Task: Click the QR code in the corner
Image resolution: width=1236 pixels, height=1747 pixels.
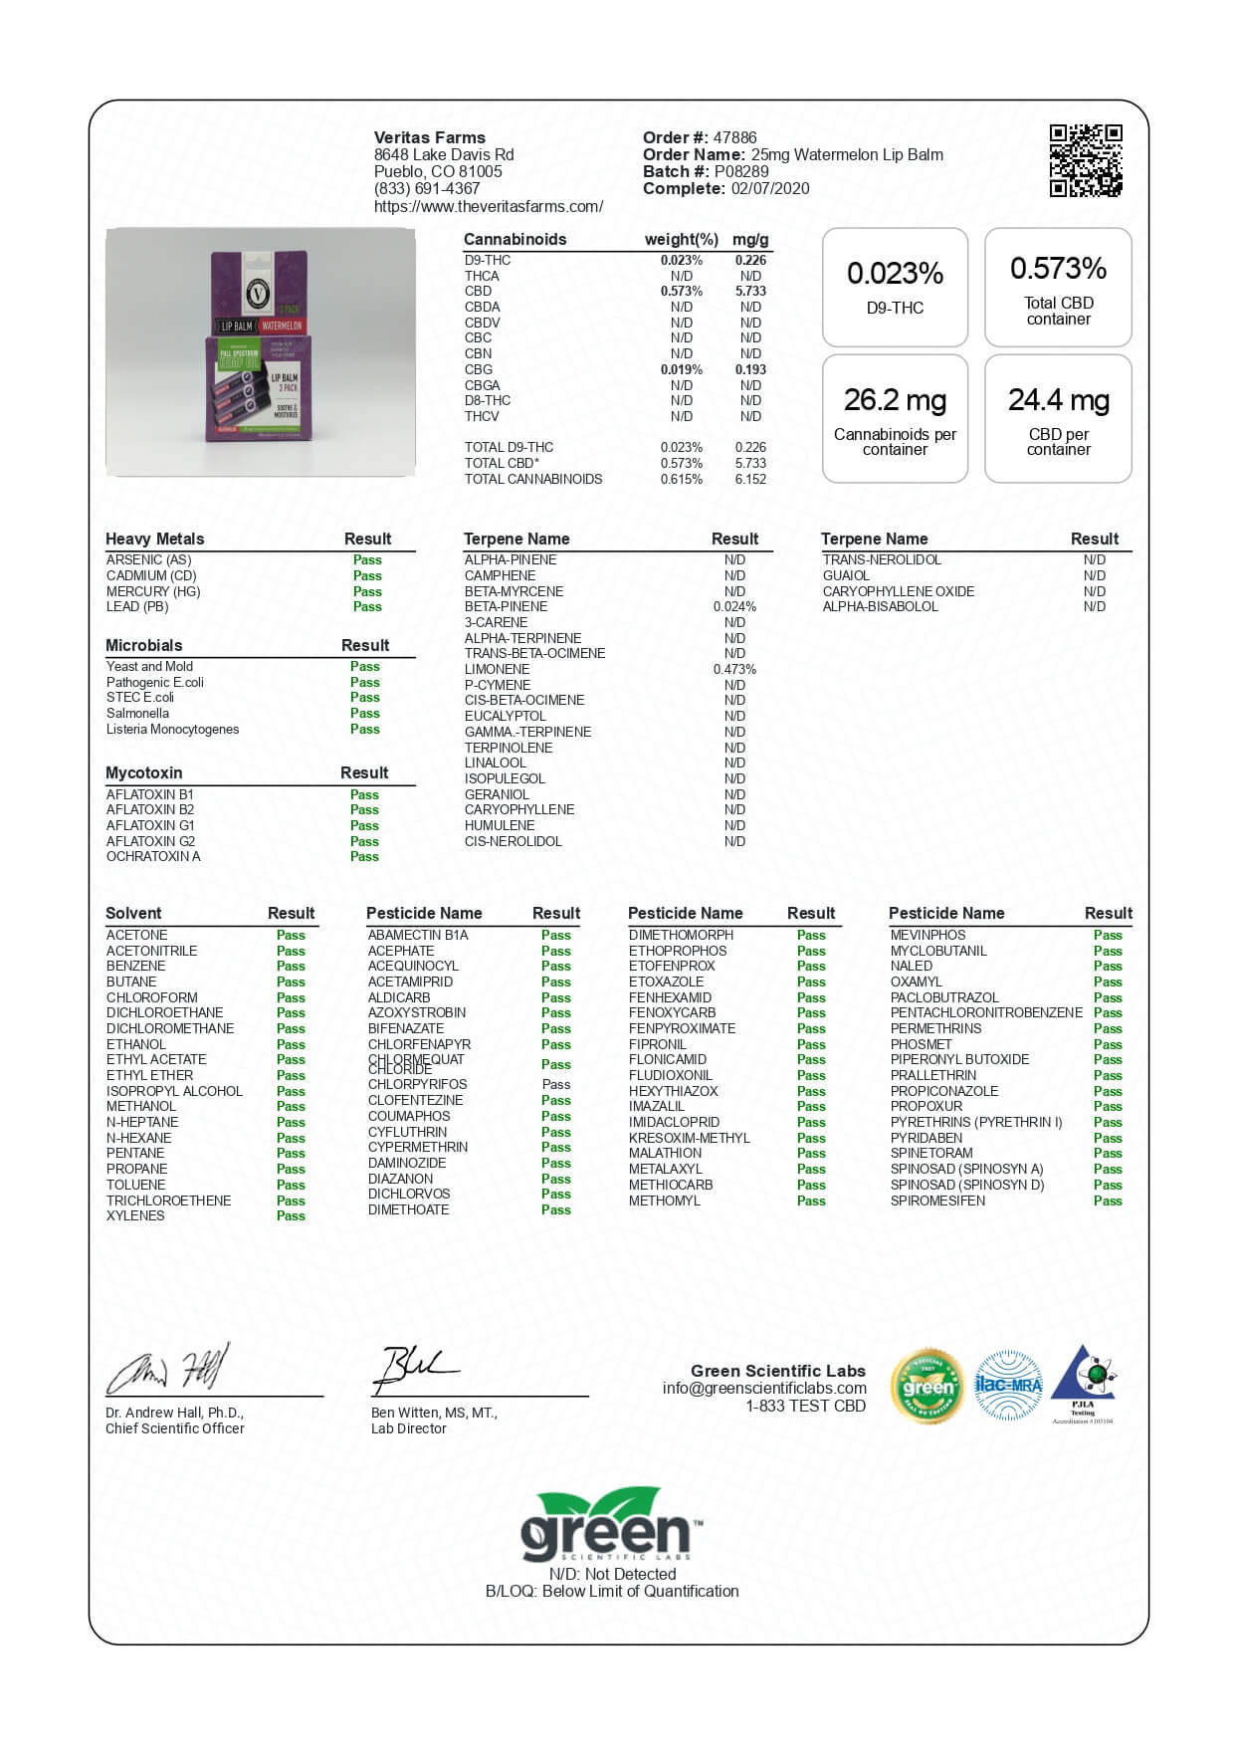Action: [x=1086, y=160]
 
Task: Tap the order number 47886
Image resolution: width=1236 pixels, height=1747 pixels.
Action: [x=734, y=137]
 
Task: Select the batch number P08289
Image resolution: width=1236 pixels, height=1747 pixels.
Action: [x=741, y=171]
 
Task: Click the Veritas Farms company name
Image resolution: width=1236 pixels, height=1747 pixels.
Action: [x=430, y=137]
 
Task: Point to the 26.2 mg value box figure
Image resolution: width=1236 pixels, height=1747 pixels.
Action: [x=895, y=400]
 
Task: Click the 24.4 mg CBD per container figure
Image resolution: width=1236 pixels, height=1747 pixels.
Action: [x=1058, y=400]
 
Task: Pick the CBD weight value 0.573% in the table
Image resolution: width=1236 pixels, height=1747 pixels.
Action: [x=681, y=292]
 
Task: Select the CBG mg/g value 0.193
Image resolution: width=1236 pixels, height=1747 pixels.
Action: [x=750, y=369]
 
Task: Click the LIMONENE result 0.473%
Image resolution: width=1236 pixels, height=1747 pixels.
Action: [x=734, y=669]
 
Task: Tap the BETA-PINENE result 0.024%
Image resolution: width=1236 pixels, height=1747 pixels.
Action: [x=734, y=606]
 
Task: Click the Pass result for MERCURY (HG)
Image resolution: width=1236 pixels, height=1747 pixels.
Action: [x=367, y=591]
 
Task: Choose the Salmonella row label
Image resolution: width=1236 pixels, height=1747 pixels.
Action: [x=137, y=713]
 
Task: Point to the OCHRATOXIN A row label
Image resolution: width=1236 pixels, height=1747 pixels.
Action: [x=153, y=856]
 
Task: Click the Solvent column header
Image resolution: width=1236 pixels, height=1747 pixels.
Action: [x=133, y=913]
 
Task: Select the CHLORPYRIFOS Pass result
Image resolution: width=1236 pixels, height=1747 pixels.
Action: [x=556, y=1084]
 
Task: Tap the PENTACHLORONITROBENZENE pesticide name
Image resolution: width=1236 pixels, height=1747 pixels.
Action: [x=986, y=1012]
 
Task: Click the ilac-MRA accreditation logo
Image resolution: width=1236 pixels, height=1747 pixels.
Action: [x=1008, y=1385]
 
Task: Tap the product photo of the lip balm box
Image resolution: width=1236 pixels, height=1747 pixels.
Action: [x=261, y=352]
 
